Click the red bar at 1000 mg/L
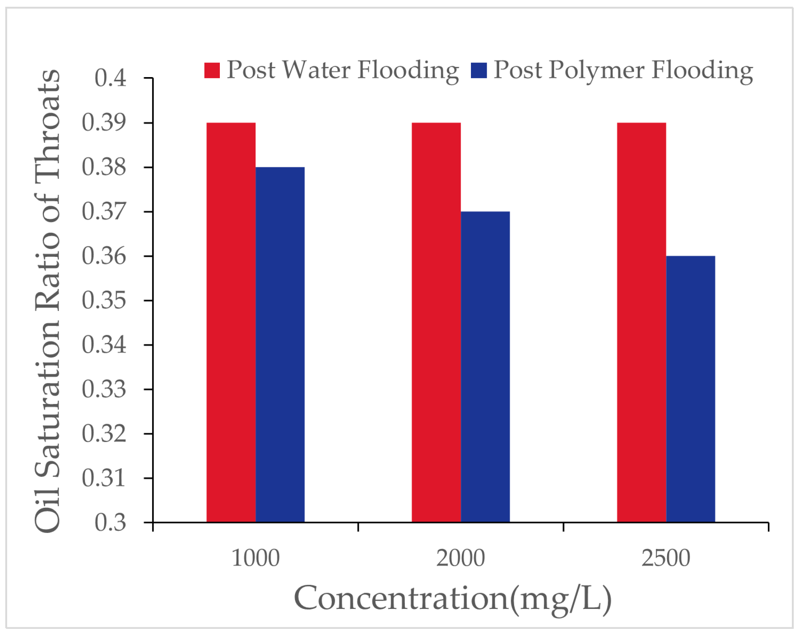click(231, 322)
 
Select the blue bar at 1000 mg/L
click(280, 344)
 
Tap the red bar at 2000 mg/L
click(436, 322)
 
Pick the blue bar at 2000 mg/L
click(485, 367)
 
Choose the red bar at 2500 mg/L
click(641, 322)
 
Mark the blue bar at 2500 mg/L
click(690, 389)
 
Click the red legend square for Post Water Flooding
click(212, 70)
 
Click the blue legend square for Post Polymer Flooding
click(478, 70)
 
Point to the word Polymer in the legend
click(596, 70)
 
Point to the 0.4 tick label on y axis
click(110, 78)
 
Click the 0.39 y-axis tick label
click(104, 123)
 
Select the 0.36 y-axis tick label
click(104, 256)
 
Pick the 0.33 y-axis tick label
click(104, 389)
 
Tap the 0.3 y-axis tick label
click(110, 522)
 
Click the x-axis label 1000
click(256, 558)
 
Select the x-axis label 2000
click(460, 558)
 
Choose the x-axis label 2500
click(666, 558)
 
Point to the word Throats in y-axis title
click(48, 124)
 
